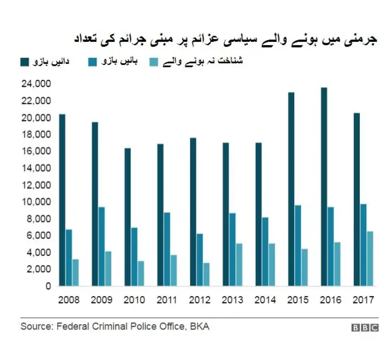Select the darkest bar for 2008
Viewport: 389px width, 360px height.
coord(62,200)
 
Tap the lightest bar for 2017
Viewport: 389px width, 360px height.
coord(370,258)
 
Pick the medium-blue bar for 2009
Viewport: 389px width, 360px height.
coord(102,246)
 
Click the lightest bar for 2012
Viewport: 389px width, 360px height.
coord(206,274)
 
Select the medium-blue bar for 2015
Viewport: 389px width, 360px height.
coord(298,246)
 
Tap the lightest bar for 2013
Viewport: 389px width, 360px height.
coord(239,265)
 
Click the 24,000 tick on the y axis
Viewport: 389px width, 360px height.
coord(35,84)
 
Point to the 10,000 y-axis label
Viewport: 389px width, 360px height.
coord(35,202)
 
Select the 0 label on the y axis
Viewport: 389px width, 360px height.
coord(47,286)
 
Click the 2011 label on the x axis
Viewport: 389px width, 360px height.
coord(167,300)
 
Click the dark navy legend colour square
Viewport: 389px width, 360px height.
coord(25,61)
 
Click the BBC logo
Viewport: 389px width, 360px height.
coord(364,328)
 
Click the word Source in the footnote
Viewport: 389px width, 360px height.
coord(36,327)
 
